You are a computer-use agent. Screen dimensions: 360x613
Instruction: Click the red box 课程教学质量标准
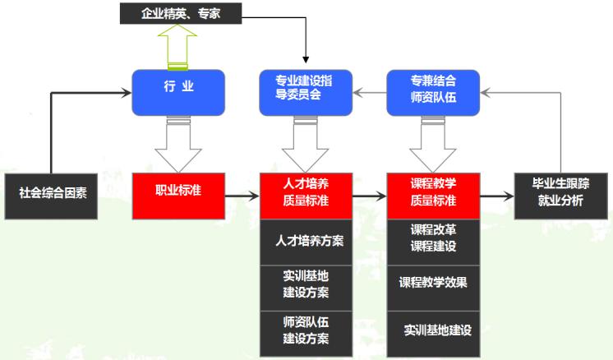433,196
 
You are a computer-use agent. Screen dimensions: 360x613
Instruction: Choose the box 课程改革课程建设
433,239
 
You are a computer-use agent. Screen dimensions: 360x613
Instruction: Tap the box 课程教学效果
433,283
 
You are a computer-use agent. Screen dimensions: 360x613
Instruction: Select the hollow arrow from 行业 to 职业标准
177,144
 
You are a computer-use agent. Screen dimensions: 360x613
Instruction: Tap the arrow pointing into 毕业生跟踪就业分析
497,196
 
